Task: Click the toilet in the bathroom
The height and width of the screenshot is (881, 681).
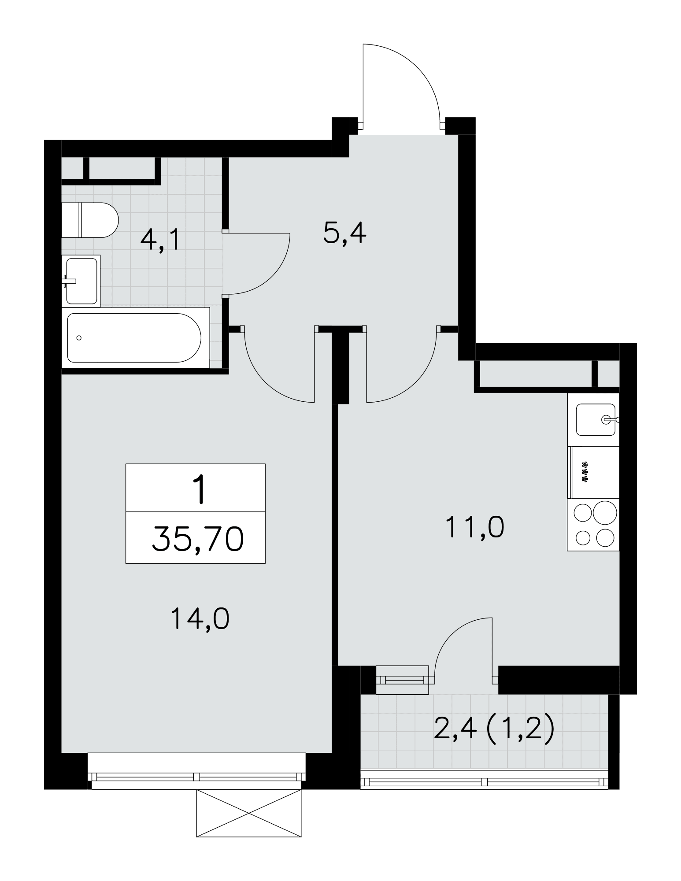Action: pos(90,220)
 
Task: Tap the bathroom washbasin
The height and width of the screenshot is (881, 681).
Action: pos(81,281)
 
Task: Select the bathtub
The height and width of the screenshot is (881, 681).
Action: pos(135,337)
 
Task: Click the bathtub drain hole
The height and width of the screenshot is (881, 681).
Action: pos(79,338)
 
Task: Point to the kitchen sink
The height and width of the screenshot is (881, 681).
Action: pos(596,419)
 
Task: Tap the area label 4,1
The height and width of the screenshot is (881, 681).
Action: pos(160,241)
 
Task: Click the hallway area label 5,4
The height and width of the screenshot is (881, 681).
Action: pos(344,233)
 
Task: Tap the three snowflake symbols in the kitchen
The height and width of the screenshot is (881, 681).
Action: pos(585,472)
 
